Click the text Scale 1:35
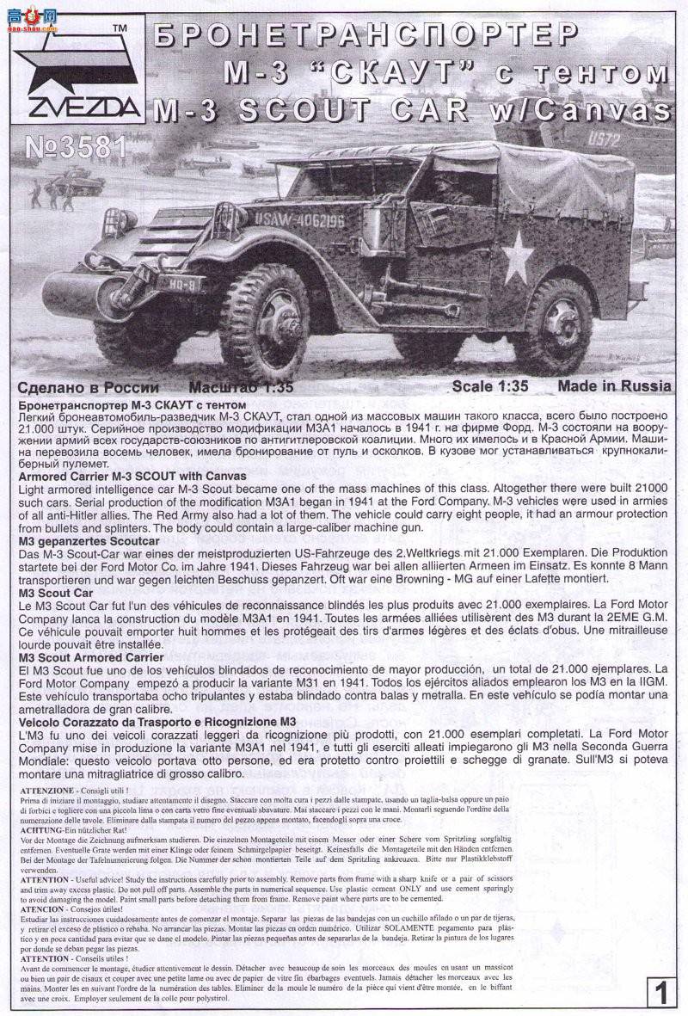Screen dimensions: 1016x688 pos(499,386)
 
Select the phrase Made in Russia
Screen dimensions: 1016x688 pos(614,386)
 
